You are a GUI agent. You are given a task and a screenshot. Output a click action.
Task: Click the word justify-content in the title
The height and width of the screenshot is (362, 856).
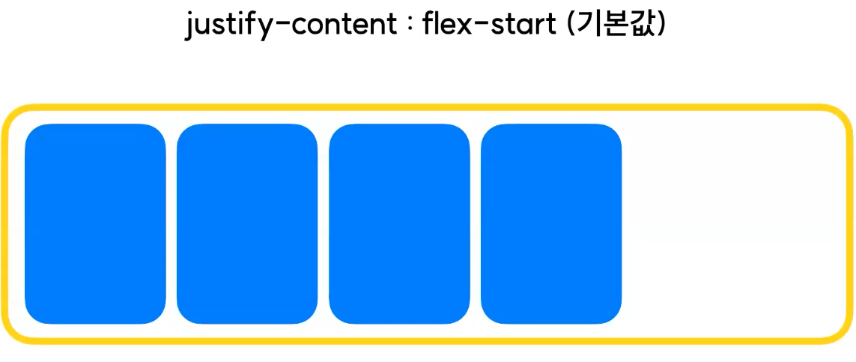point(291,27)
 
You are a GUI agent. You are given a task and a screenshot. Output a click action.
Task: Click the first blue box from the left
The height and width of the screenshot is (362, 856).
point(95,224)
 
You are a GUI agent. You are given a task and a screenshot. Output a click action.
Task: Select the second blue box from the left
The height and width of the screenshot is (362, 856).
point(247,224)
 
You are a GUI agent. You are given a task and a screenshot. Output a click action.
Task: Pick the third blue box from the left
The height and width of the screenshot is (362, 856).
point(399,224)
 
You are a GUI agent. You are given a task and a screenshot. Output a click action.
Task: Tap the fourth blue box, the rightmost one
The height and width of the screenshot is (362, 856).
point(551,224)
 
